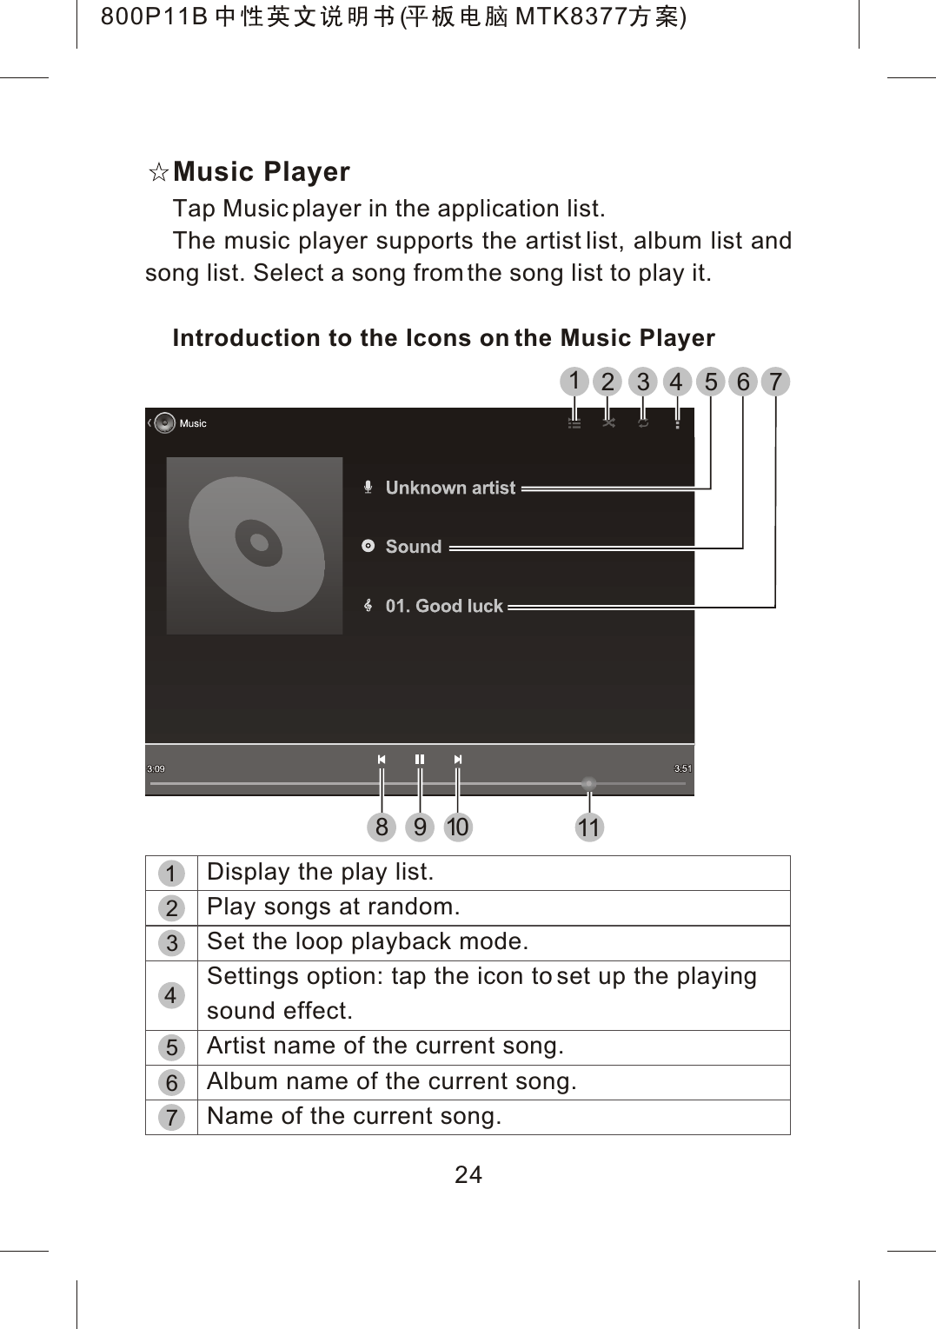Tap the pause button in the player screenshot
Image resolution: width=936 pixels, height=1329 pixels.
420,760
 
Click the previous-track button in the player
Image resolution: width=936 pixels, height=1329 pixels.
382,760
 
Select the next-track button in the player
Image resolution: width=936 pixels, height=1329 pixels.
458,760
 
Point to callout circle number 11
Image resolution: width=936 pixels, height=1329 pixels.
589,827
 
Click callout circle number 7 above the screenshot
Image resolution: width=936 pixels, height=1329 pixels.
775,382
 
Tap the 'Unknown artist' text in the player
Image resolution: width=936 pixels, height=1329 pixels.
450,488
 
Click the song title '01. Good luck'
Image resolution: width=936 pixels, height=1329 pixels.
444,606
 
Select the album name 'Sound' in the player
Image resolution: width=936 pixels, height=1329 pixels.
414,547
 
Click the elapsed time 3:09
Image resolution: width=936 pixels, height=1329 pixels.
156,768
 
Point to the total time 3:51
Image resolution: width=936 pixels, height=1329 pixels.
683,768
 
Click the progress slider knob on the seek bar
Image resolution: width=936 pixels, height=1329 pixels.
589,784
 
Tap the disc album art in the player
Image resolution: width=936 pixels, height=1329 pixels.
255,545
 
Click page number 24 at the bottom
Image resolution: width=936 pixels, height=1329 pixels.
468,1175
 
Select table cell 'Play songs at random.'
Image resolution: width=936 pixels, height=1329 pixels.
334,907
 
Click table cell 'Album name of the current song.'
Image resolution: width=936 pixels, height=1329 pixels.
392,1082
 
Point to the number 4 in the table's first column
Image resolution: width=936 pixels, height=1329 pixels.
171,996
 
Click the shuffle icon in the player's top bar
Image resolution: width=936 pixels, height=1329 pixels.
608,422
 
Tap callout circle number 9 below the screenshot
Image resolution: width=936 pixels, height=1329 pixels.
420,827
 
